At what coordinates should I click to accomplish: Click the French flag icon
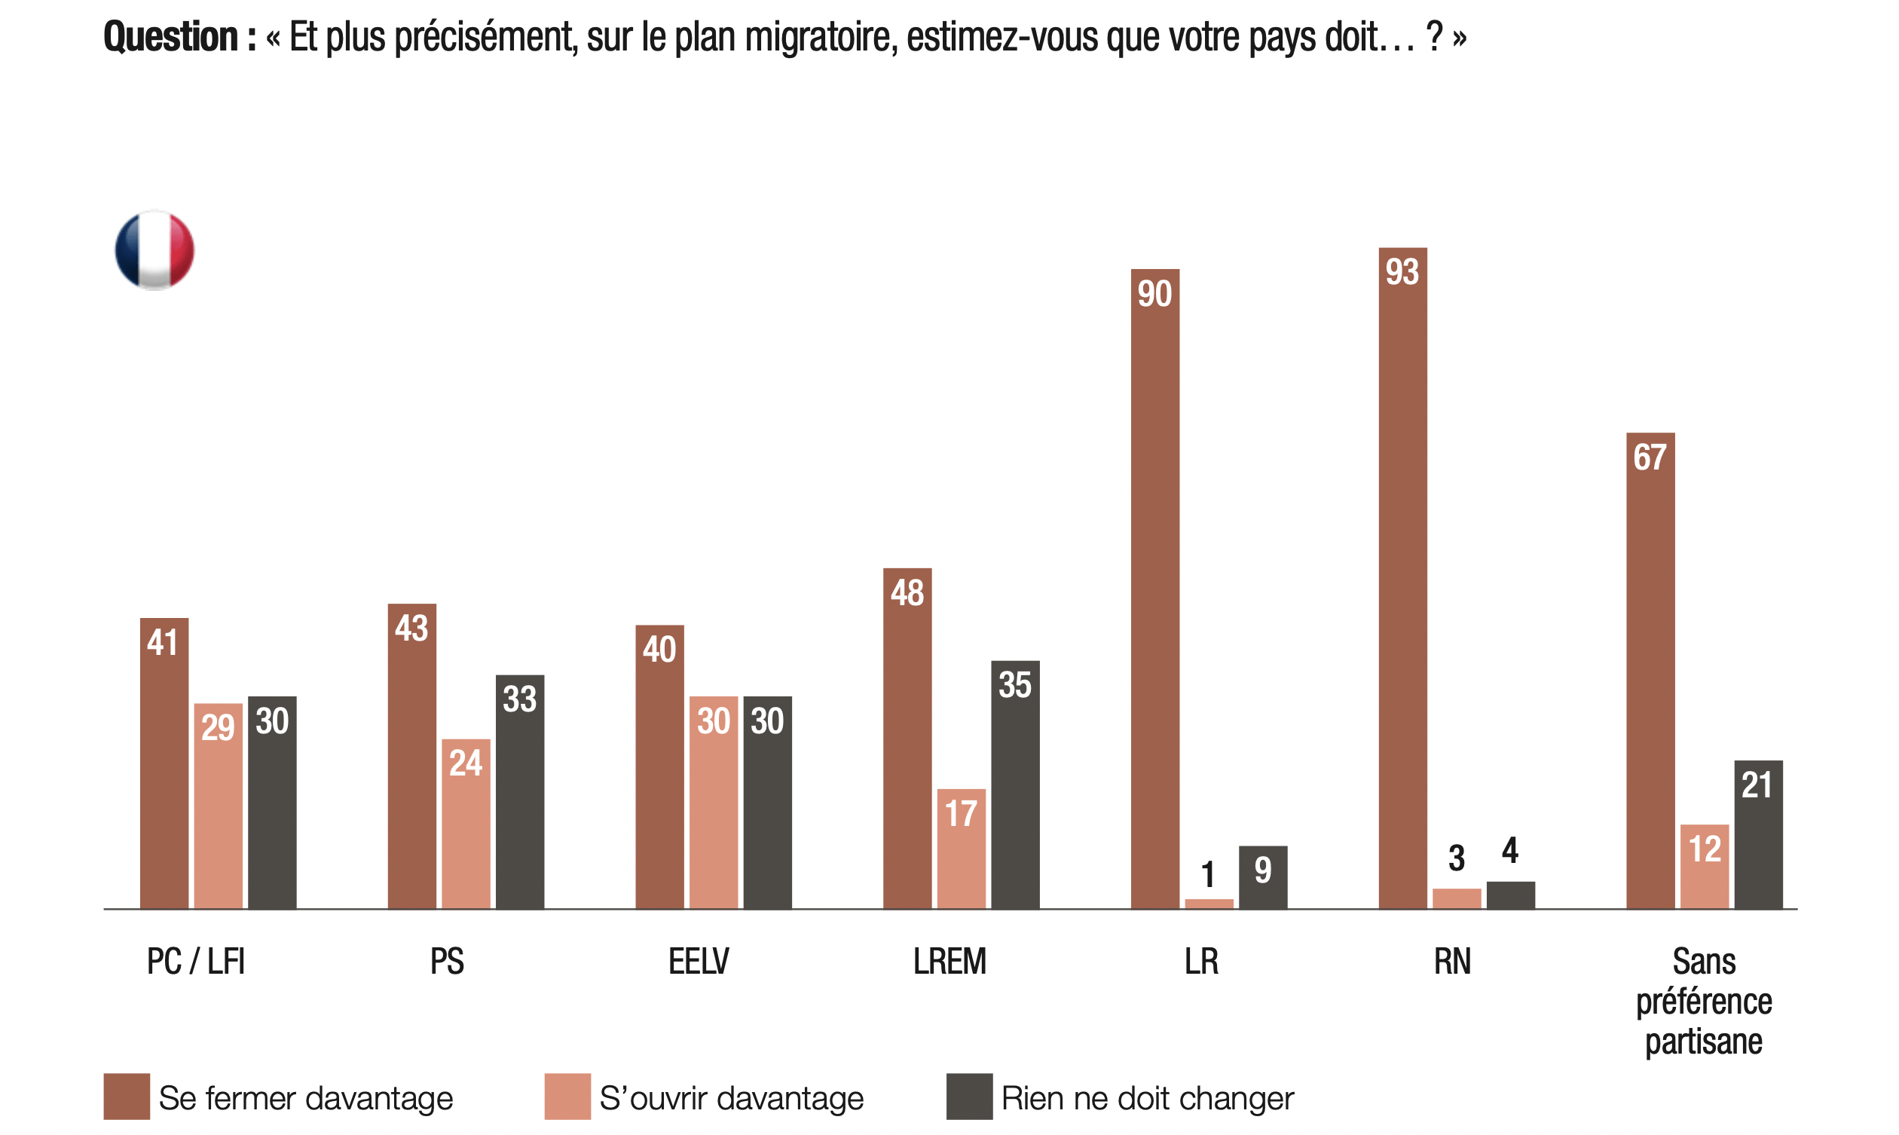pyautogui.click(x=154, y=250)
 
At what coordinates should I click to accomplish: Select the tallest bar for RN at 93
pyautogui.click(x=1402, y=577)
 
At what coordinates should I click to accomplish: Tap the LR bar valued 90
pyautogui.click(x=1154, y=588)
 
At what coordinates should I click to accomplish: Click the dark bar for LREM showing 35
pyautogui.click(x=1014, y=784)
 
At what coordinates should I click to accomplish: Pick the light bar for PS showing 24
pyautogui.click(x=466, y=823)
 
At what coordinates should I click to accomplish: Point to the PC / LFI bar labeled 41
pyautogui.click(x=164, y=763)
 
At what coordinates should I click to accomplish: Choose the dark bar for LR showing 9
pyautogui.click(x=1262, y=876)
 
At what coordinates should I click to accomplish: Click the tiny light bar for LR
pyautogui.click(x=1209, y=904)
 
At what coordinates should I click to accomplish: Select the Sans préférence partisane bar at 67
pyautogui.click(x=1650, y=670)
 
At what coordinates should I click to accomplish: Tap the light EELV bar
pyautogui.click(x=714, y=802)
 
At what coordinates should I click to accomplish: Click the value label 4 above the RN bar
pyautogui.click(x=1510, y=850)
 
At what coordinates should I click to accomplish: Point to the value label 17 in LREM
pyautogui.click(x=961, y=814)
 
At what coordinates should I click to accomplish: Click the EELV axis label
pyautogui.click(x=699, y=962)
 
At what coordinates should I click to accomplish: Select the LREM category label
pyautogui.click(x=949, y=962)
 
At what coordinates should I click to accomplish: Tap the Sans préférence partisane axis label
pyautogui.click(x=1703, y=1001)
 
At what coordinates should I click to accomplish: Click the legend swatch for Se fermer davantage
pyautogui.click(x=126, y=1097)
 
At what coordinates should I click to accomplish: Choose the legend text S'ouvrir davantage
pyautogui.click(x=731, y=1098)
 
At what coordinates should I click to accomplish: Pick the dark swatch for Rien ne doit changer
pyautogui.click(x=968, y=1097)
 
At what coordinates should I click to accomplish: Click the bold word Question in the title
pyautogui.click(x=171, y=37)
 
